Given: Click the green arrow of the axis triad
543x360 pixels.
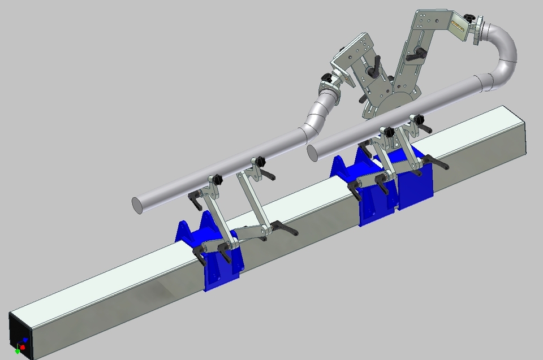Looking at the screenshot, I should (17, 352).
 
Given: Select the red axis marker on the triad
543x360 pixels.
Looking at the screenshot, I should (23, 346).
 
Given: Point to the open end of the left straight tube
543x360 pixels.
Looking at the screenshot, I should (136, 205).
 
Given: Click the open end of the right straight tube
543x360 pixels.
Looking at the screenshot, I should (311, 151).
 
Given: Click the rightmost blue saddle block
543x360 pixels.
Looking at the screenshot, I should (416, 181).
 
